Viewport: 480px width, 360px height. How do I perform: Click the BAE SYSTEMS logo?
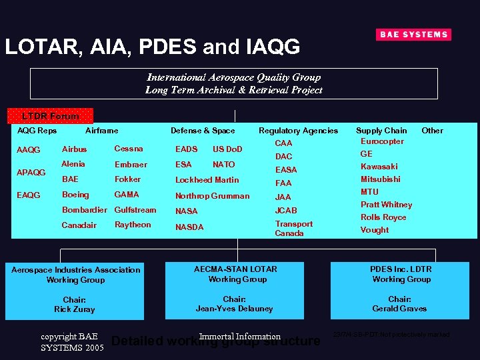[x=413, y=35]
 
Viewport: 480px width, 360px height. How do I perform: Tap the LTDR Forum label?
[x=50, y=116]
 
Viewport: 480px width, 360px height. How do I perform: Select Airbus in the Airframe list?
[x=74, y=149]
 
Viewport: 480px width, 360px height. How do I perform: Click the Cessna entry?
[x=129, y=149]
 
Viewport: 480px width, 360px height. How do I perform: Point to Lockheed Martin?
[x=207, y=180]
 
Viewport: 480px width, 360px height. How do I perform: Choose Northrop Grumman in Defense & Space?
[x=212, y=196]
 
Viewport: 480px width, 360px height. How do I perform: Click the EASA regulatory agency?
[x=286, y=170]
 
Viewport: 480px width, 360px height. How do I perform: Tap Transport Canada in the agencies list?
[x=293, y=229]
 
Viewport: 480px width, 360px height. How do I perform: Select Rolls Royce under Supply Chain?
[x=383, y=217]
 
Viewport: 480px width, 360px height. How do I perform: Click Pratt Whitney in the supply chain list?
[x=386, y=205]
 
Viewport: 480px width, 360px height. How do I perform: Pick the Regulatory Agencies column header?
[x=298, y=131]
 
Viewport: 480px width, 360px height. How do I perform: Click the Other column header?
[x=432, y=131]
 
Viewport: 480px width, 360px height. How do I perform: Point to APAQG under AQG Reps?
[x=31, y=173]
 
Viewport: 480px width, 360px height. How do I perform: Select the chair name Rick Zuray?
[x=75, y=309]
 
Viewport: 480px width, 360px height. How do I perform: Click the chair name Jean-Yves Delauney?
[x=234, y=309]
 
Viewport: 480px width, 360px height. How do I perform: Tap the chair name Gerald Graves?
[x=399, y=309]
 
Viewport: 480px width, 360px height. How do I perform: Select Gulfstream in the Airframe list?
[x=135, y=210]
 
